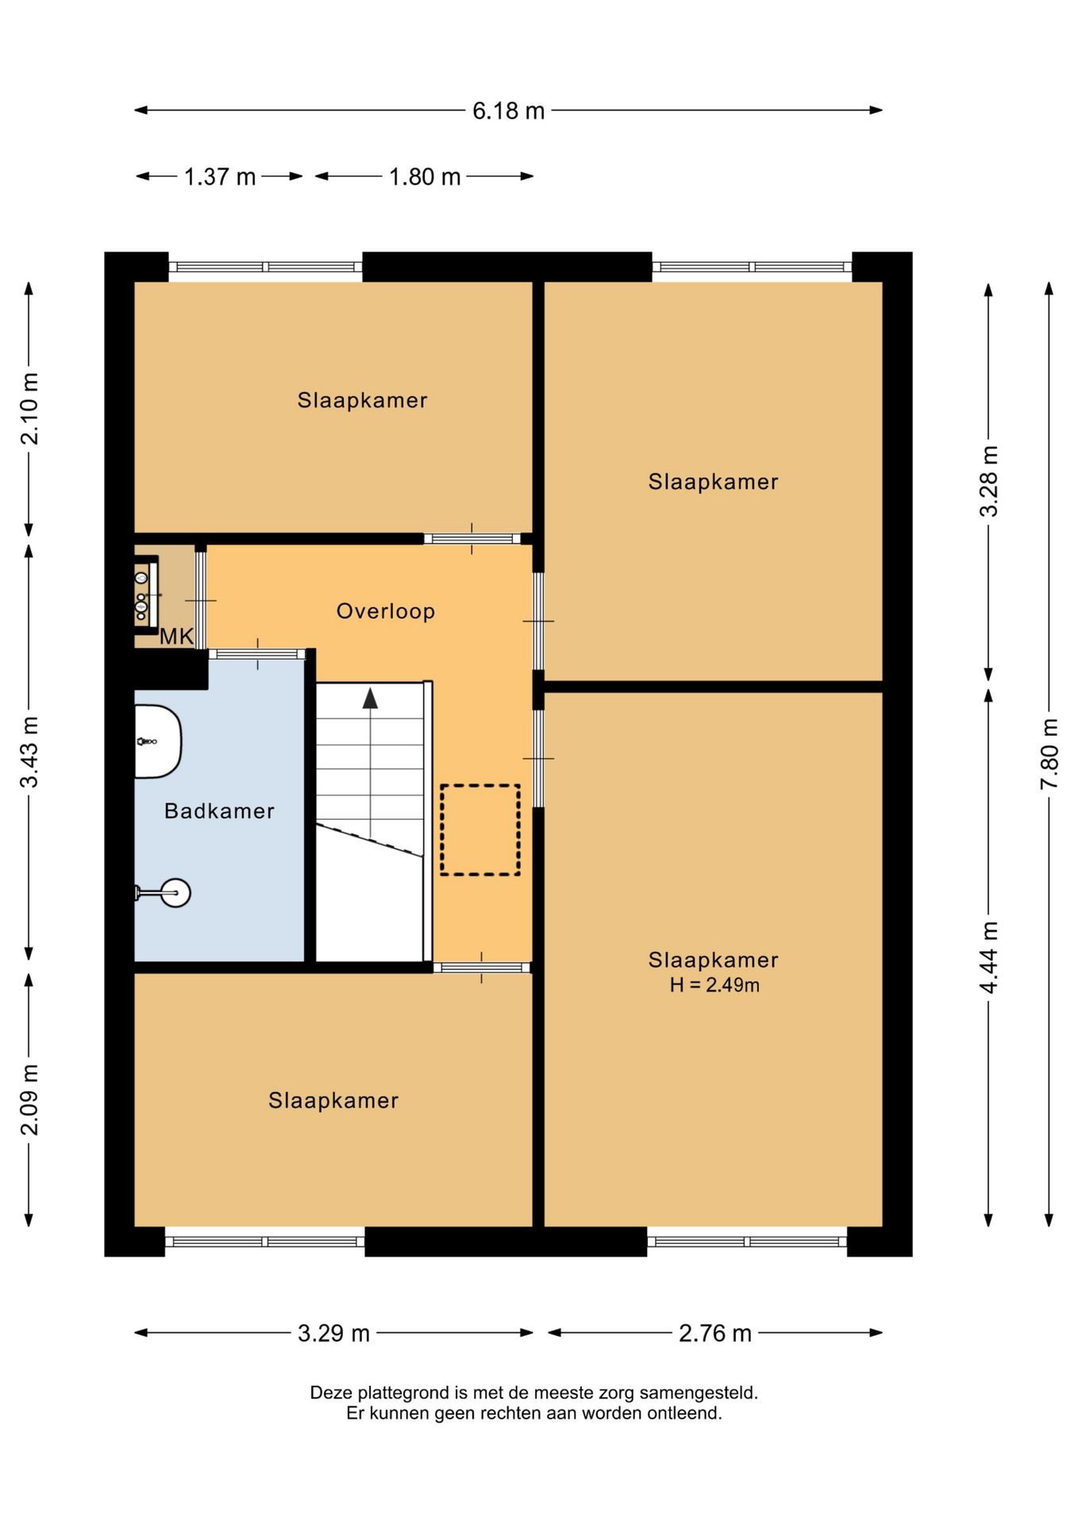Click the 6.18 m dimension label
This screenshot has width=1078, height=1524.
coord(508,110)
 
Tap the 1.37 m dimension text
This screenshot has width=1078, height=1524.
coord(220,176)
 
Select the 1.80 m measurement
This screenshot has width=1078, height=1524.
coord(425,176)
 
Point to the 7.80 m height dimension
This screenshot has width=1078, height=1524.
coord(1049,753)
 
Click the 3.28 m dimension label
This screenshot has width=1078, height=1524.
coord(988,481)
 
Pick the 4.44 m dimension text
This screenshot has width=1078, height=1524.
coord(988,957)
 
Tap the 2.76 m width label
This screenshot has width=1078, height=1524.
coord(714,1333)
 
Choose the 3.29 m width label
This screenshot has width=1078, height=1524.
coord(333,1333)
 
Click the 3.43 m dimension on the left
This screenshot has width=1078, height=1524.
coord(29,752)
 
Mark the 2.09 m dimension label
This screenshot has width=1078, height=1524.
coord(29,1099)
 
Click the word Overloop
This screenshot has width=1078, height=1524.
coord(386,611)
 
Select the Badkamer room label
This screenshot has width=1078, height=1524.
coord(219,810)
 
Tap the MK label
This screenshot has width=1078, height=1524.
coord(177,636)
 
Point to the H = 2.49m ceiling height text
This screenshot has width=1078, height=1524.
coord(714,985)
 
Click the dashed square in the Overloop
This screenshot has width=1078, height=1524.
coord(480,830)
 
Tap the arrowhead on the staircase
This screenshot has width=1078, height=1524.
coord(370,698)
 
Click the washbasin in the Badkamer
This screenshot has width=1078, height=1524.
coord(158,741)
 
